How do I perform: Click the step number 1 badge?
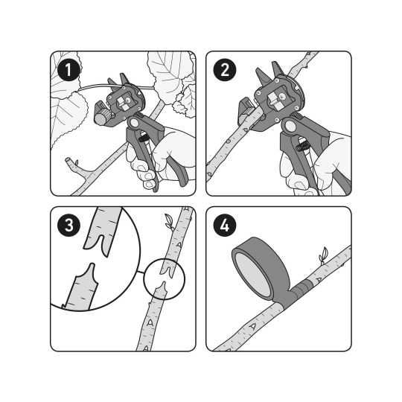coord(68,70)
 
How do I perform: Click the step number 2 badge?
coord(225,70)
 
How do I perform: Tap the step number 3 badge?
coord(68,226)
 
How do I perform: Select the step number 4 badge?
coord(225,226)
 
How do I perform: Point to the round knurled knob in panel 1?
coord(102,118)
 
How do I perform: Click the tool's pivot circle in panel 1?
coord(133,123)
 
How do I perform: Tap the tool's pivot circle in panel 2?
coord(290,125)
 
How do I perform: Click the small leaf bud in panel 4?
coord(323,255)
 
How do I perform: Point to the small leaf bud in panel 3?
coord(169,221)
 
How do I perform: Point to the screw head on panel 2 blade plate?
coord(283,97)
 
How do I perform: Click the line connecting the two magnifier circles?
coord(140,272)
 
